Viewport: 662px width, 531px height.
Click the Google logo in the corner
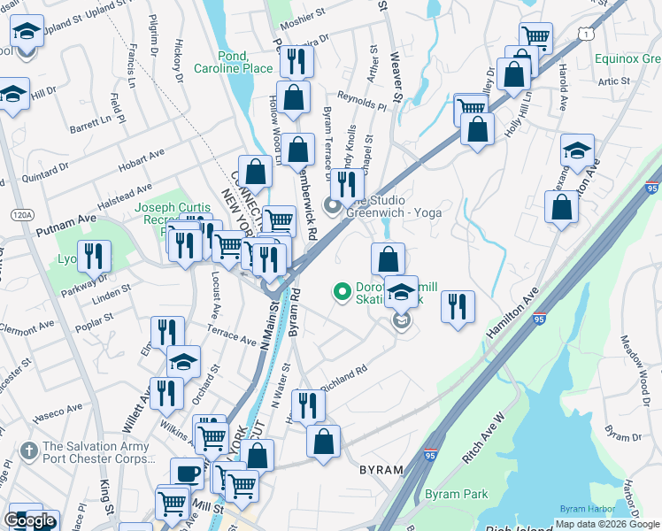[x=30, y=520]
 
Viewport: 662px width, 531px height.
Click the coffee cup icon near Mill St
[x=186, y=473]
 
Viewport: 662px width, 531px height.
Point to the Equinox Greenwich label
[x=628, y=58]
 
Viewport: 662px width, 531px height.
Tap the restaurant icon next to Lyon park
[x=93, y=256]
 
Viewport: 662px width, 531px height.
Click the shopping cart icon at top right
[x=535, y=37]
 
